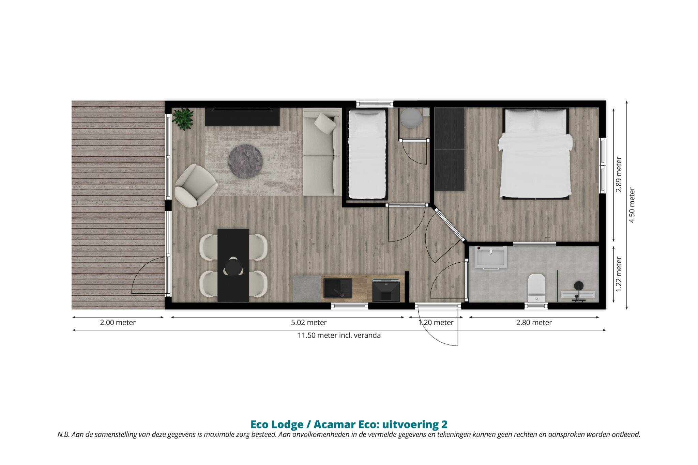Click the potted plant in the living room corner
(183, 119)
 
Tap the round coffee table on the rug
(245, 161)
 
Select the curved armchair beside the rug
(196, 185)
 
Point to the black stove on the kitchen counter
(386, 290)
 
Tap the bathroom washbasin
(491, 258)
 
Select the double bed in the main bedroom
(535, 154)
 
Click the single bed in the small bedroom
(367, 154)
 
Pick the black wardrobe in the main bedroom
(450, 149)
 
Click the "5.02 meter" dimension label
(309, 322)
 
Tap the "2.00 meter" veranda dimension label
(118, 322)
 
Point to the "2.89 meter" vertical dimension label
(619, 174)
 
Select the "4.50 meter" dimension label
(632, 205)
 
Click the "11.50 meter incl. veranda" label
(339, 335)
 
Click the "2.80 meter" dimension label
(534, 322)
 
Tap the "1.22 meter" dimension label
(619, 274)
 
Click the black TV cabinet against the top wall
(242, 117)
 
